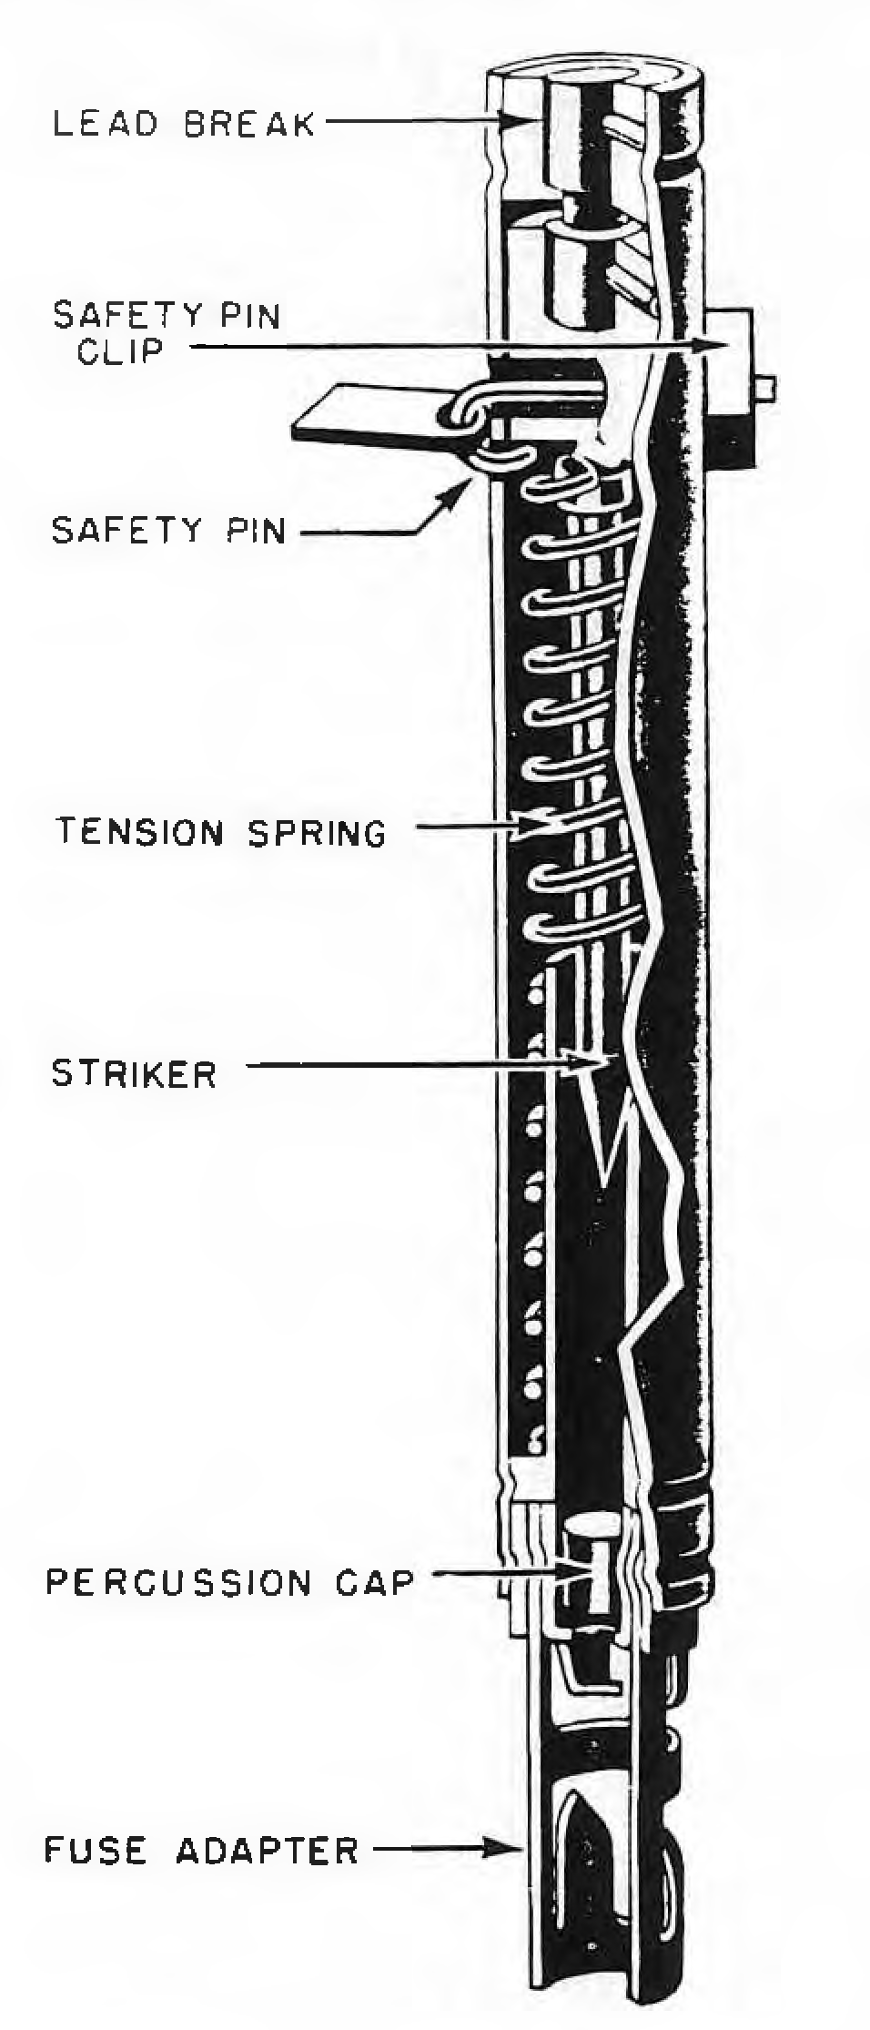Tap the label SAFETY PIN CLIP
click(x=167, y=332)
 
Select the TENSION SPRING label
click(x=222, y=832)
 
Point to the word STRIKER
click(x=135, y=1073)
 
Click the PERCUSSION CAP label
click(x=230, y=1582)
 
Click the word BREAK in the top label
click(x=250, y=124)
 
